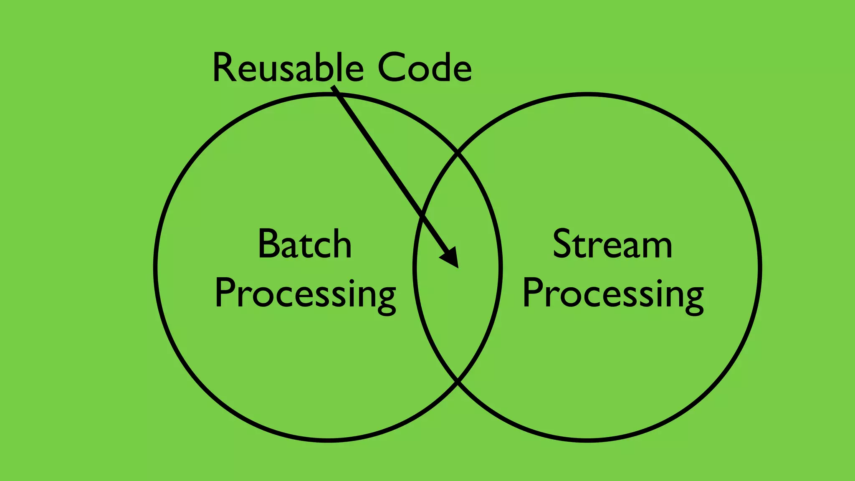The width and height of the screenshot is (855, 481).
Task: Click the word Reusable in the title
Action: pos(288,68)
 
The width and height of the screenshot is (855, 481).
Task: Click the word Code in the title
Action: pos(425,68)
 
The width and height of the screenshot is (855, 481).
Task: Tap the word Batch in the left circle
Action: pos(305,244)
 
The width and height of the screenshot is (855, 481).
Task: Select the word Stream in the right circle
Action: pos(612,244)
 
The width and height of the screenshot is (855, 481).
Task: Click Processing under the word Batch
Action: pos(305,294)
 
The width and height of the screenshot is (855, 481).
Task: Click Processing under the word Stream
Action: pos(613,294)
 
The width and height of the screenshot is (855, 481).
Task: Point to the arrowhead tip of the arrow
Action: pos(458,267)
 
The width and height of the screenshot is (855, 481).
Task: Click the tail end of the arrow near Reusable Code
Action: pos(333,87)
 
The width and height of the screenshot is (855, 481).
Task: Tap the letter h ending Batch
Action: pos(341,244)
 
